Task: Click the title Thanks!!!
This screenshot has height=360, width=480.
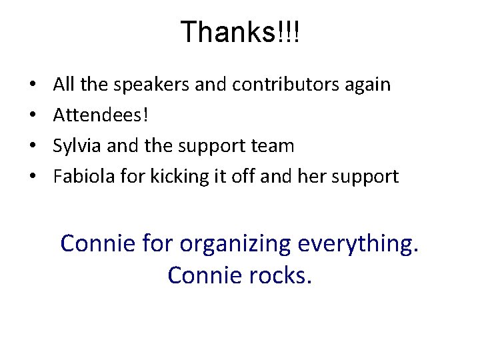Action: (240, 32)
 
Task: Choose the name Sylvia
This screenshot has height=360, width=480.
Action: (75, 146)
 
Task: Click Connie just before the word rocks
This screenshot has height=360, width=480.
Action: (199, 274)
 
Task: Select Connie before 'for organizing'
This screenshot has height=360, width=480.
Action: (97, 244)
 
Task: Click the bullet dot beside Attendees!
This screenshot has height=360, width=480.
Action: (32, 116)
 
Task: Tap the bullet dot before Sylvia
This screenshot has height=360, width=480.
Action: (32, 146)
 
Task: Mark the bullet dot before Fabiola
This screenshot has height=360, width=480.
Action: (32, 177)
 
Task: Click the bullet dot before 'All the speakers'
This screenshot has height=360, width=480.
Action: (32, 85)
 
